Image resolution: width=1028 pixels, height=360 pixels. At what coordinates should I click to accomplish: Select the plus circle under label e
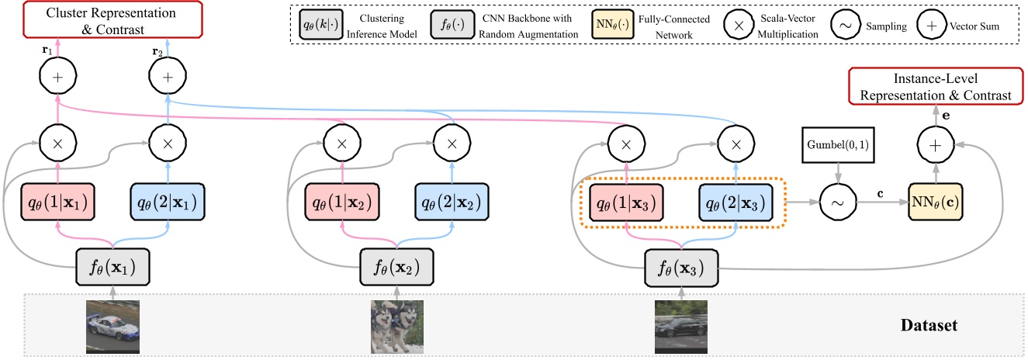934,144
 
